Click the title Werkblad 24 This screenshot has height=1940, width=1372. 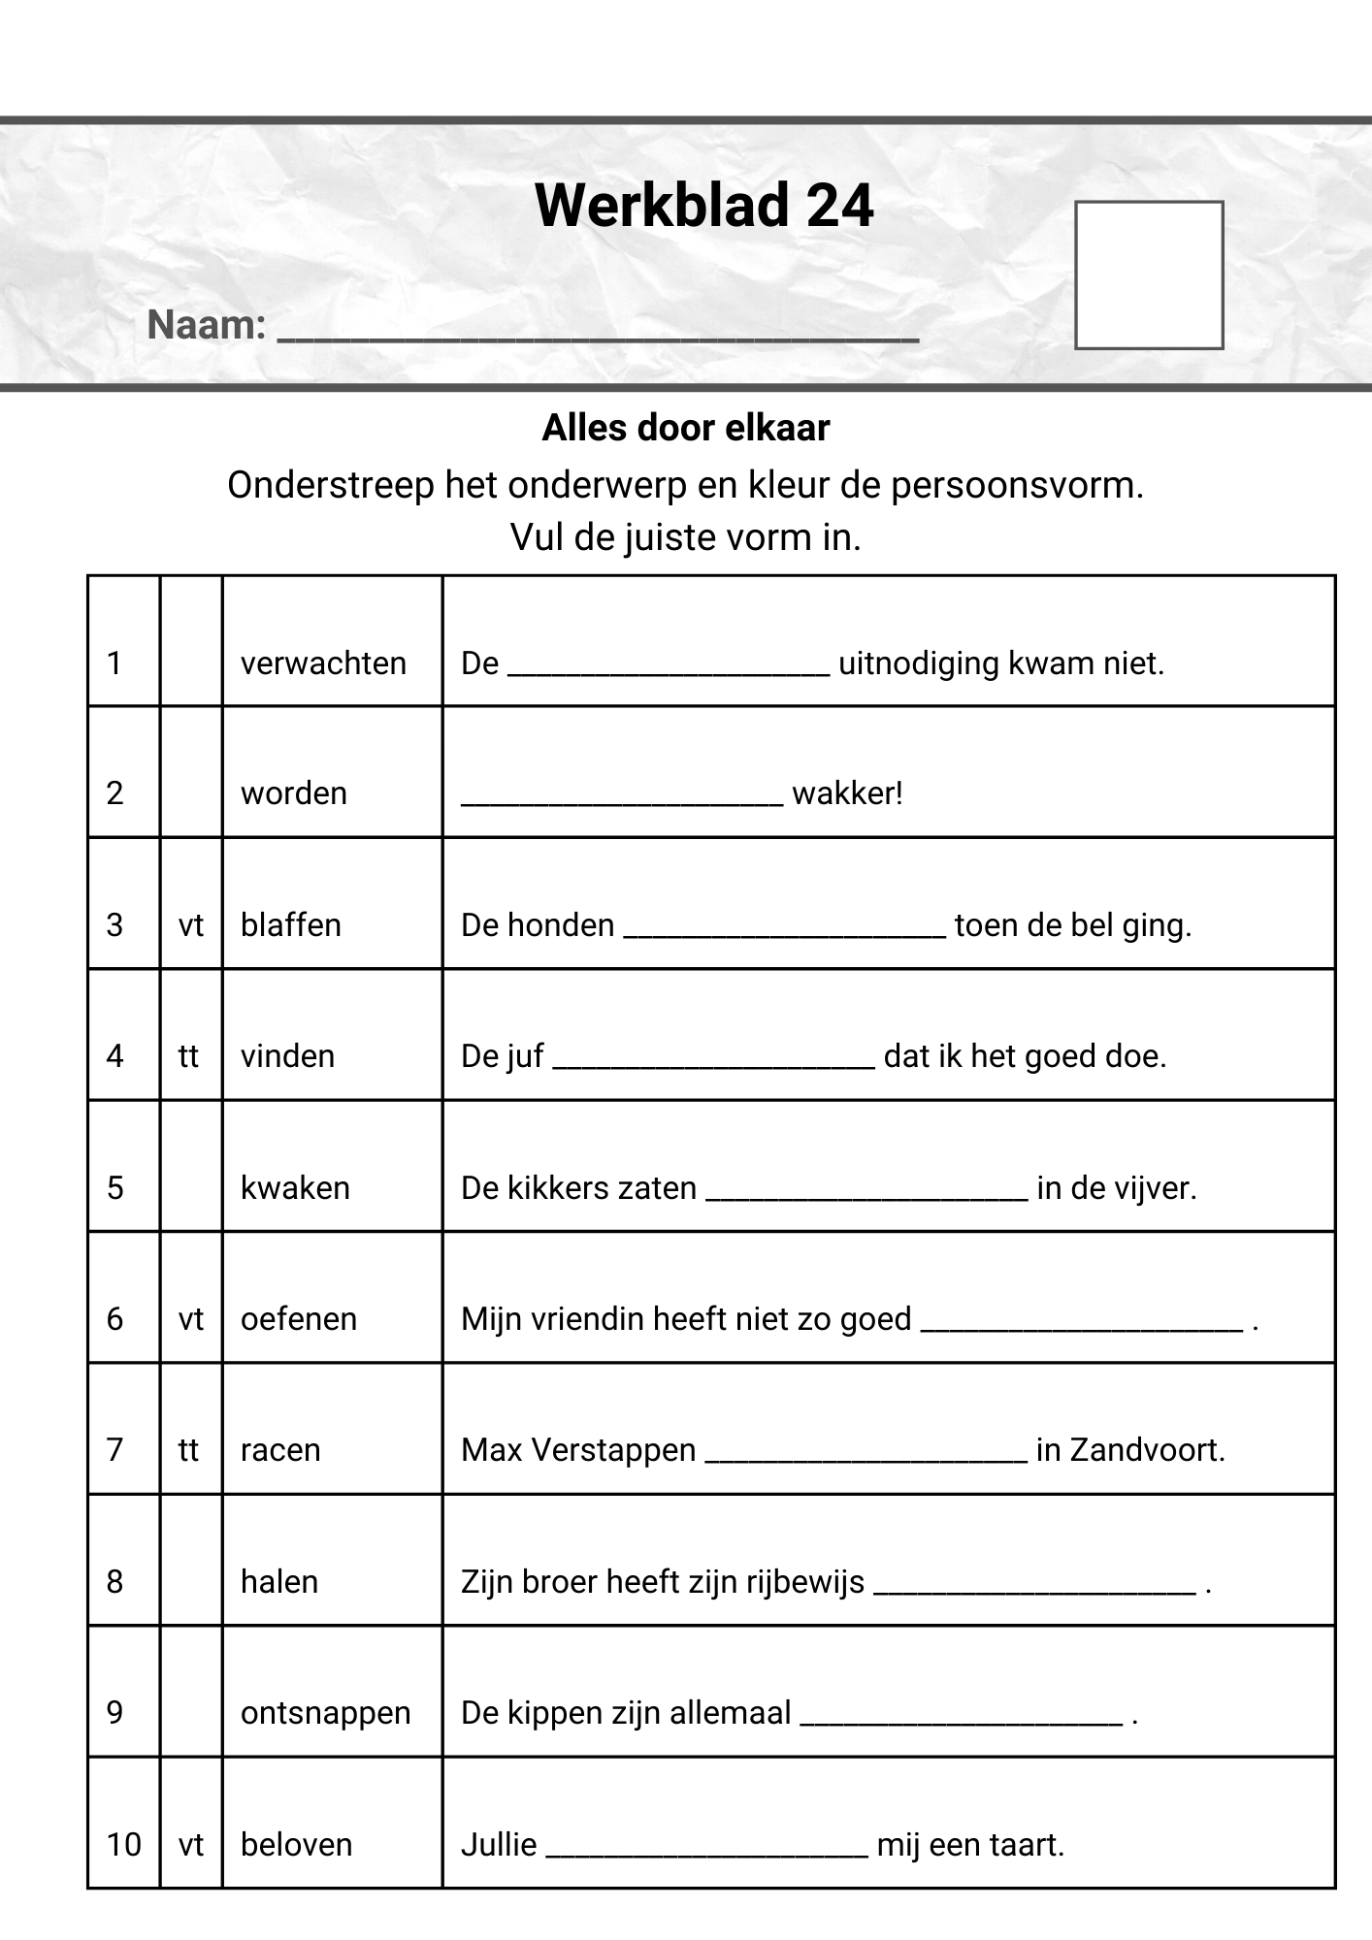pyautogui.click(x=703, y=206)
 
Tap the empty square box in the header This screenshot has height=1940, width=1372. pyautogui.click(x=1149, y=275)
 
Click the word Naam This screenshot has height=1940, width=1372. pyautogui.click(x=206, y=325)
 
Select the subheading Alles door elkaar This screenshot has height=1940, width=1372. pyautogui.click(x=685, y=428)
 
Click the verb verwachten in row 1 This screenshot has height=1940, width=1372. pyautogui.click(x=323, y=663)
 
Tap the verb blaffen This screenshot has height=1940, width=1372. pyautogui.click(x=290, y=925)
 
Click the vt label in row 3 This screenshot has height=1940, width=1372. pyautogui.click(x=191, y=925)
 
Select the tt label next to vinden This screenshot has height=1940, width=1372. pyautogui.click(x=188, y=1056)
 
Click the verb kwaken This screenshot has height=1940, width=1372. pyautogui.click(x=295, y=1188)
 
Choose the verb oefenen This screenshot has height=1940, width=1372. pyautogui.click(x=298, y=1319)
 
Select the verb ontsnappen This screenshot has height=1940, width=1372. pyautogui.click(x=325, y=1713)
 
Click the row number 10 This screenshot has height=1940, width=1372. pyautogui.click(x=123, y=1844)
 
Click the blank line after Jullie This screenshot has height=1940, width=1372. pyautogui.click(x=706, y=1851)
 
